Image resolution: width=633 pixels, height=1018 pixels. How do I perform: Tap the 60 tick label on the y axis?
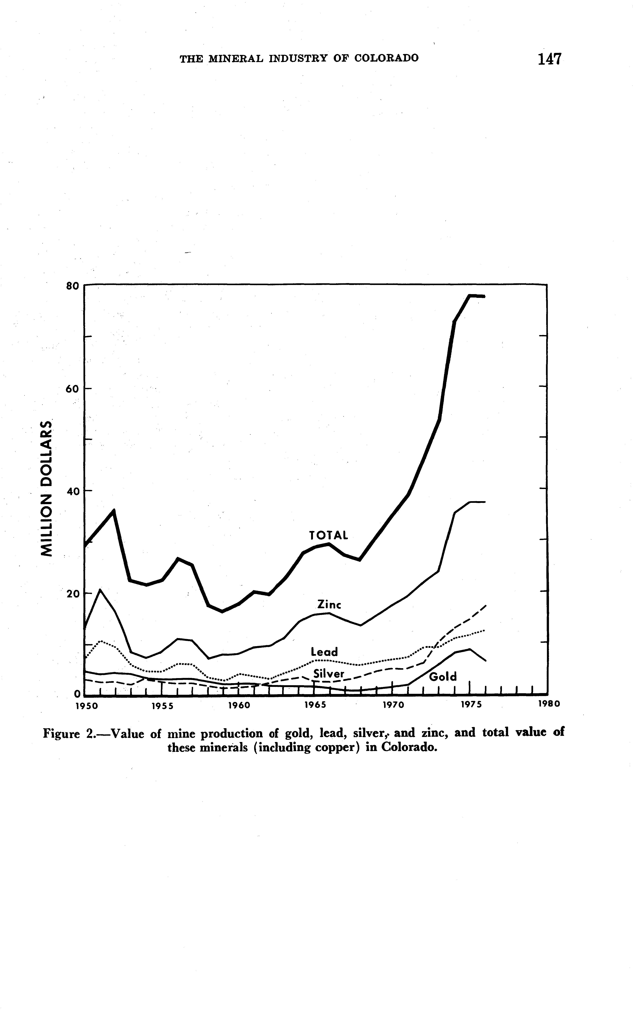point(72,389)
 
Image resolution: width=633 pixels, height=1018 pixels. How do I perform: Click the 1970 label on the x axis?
point(393,705)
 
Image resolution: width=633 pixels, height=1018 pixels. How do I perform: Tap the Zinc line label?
point(330,604)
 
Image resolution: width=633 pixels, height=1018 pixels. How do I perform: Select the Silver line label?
point(329,674)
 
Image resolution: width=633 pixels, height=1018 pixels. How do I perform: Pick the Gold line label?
point(443,677)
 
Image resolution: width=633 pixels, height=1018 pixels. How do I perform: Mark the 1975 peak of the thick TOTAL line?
point(470,296)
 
